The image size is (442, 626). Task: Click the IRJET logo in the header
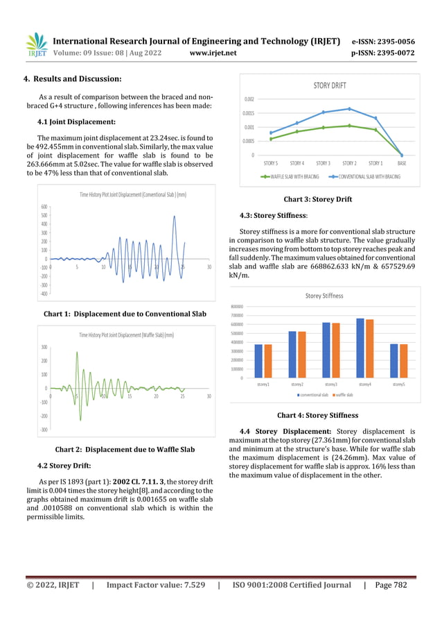pyautogui.click(x=36, y=45)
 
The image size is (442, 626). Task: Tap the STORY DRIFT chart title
pyautogui.click(x=329, y=85)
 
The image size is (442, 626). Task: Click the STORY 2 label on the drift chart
pyautogui.click(x=349, y=163)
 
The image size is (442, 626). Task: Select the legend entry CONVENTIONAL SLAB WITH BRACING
pyautogui.click(x=368, y=177)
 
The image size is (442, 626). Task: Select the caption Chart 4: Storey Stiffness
pyautogui.click(x=317, y=416)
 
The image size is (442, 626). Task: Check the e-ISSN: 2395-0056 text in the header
pyautogui.click(x=383, y=41)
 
